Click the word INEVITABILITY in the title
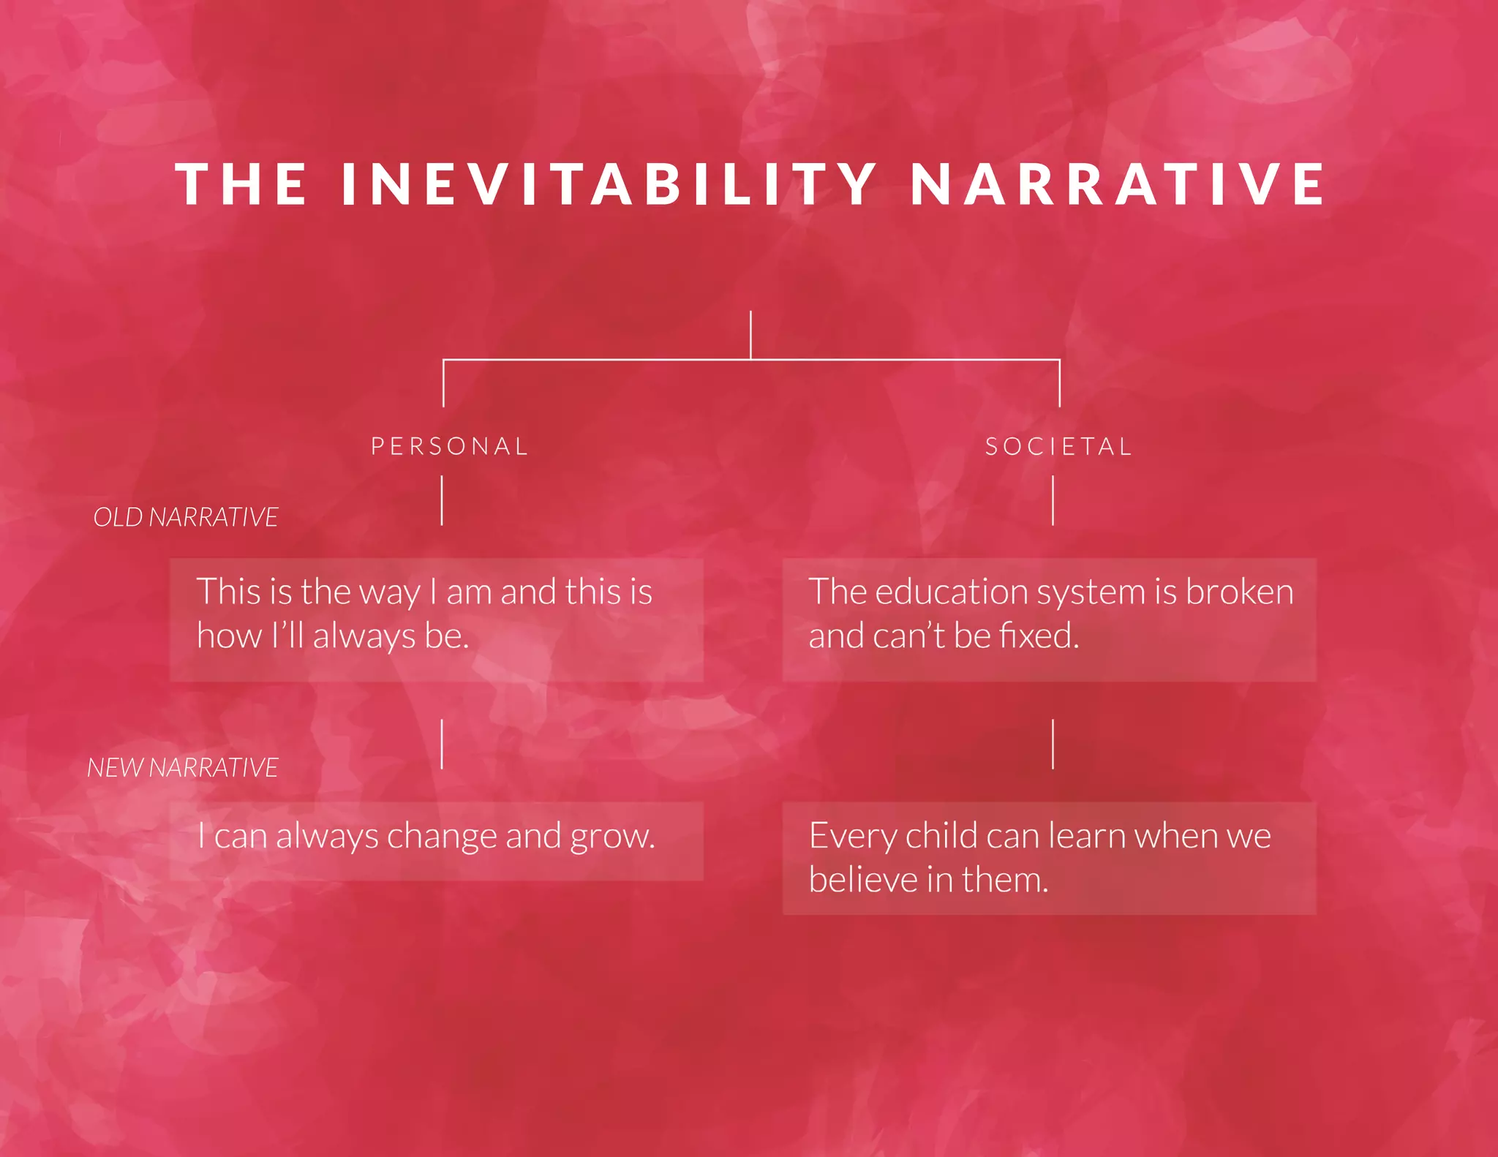pos(609,184)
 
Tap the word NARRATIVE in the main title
pos(1118,184)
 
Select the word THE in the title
pos(241,184)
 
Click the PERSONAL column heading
pos(449,446)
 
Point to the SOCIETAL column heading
pos(1058,446)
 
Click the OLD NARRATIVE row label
pos(186,517)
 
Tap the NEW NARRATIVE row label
pos(183,767)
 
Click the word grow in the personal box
pos(611,836)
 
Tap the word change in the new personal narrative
pos(442,836)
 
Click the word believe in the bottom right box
pos(863,879)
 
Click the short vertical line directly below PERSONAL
pos(442,500)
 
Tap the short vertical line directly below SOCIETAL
pos(1053,500)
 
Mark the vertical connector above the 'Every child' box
pos(1053,744)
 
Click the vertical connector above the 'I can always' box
pos(442,744)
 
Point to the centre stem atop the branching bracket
pos(750,335)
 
